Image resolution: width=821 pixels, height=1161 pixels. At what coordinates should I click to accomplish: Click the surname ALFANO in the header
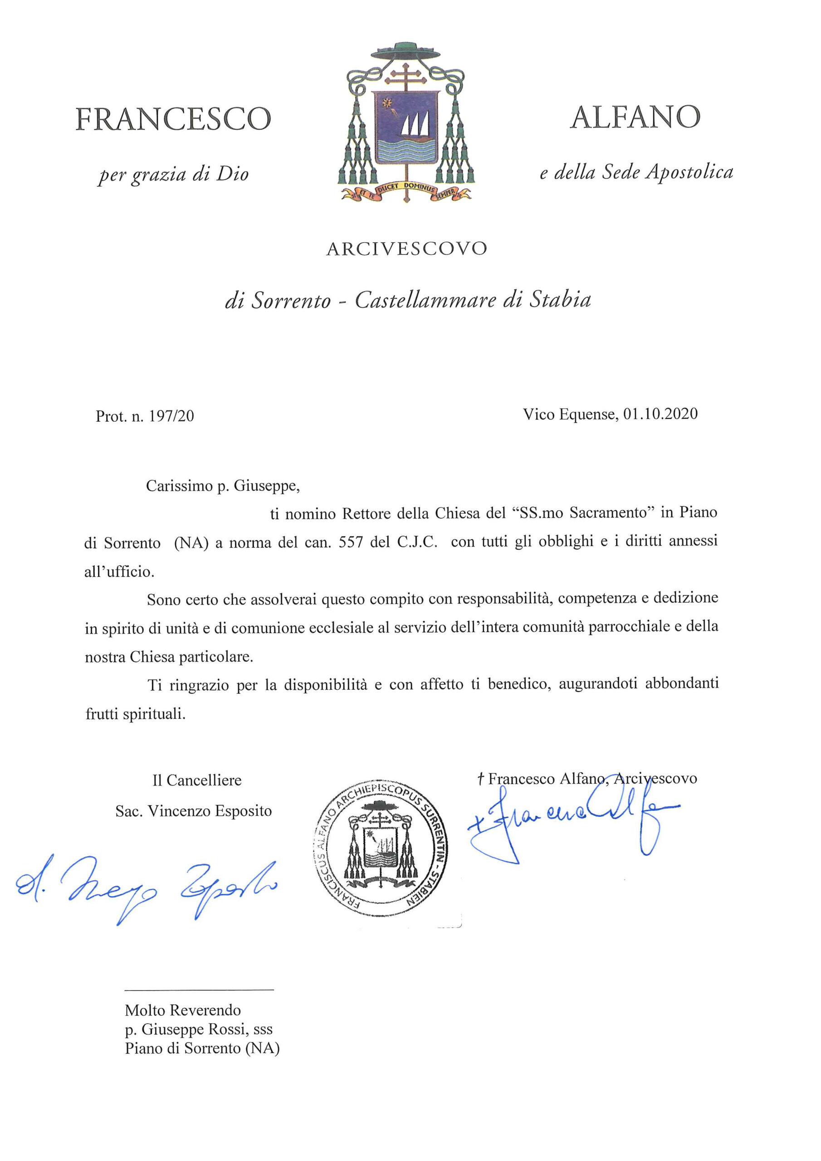[x=635, y=117]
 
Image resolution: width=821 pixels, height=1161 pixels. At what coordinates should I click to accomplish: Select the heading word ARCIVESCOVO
[x=407, y=249]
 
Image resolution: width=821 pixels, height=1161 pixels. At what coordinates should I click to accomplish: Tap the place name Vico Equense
[x=570, y=414]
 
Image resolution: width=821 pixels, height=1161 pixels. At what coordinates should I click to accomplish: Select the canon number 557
[x=351, y=542]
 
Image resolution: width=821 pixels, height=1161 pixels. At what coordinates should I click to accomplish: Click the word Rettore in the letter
[x=366, y=514]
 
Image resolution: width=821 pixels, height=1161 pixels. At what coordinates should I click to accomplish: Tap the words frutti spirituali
[x=136, y=714]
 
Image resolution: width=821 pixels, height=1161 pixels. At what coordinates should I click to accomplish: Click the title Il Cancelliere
[x=197, y=780]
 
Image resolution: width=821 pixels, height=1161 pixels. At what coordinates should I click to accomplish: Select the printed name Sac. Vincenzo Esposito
[x=193, y=811]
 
